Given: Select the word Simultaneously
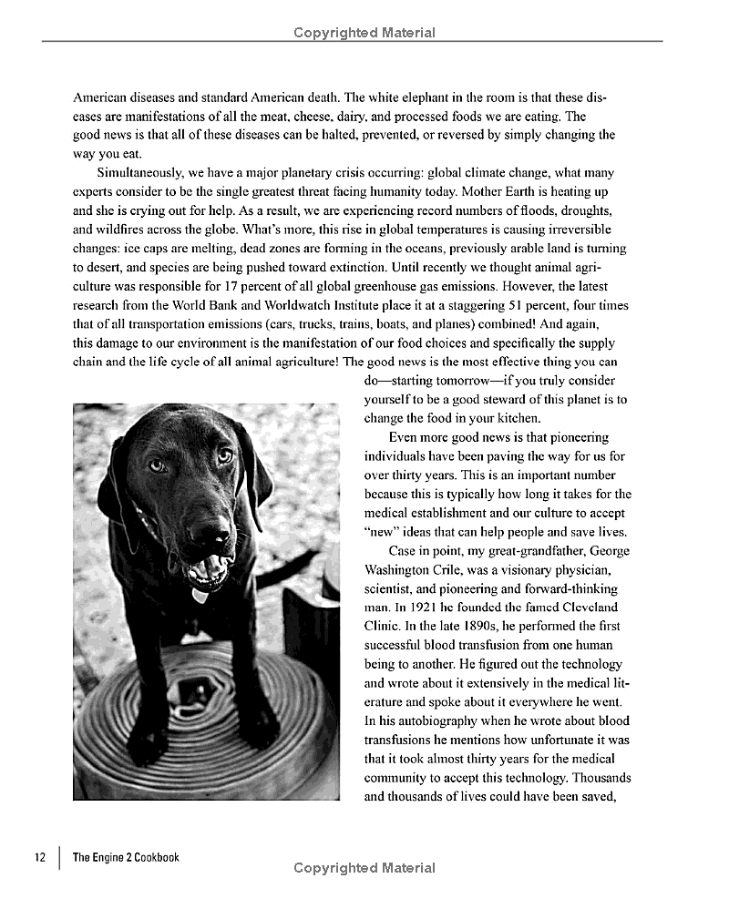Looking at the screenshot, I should point(141,172).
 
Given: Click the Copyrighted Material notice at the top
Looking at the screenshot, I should point(364,33).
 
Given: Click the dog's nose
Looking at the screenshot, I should point(199,513).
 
